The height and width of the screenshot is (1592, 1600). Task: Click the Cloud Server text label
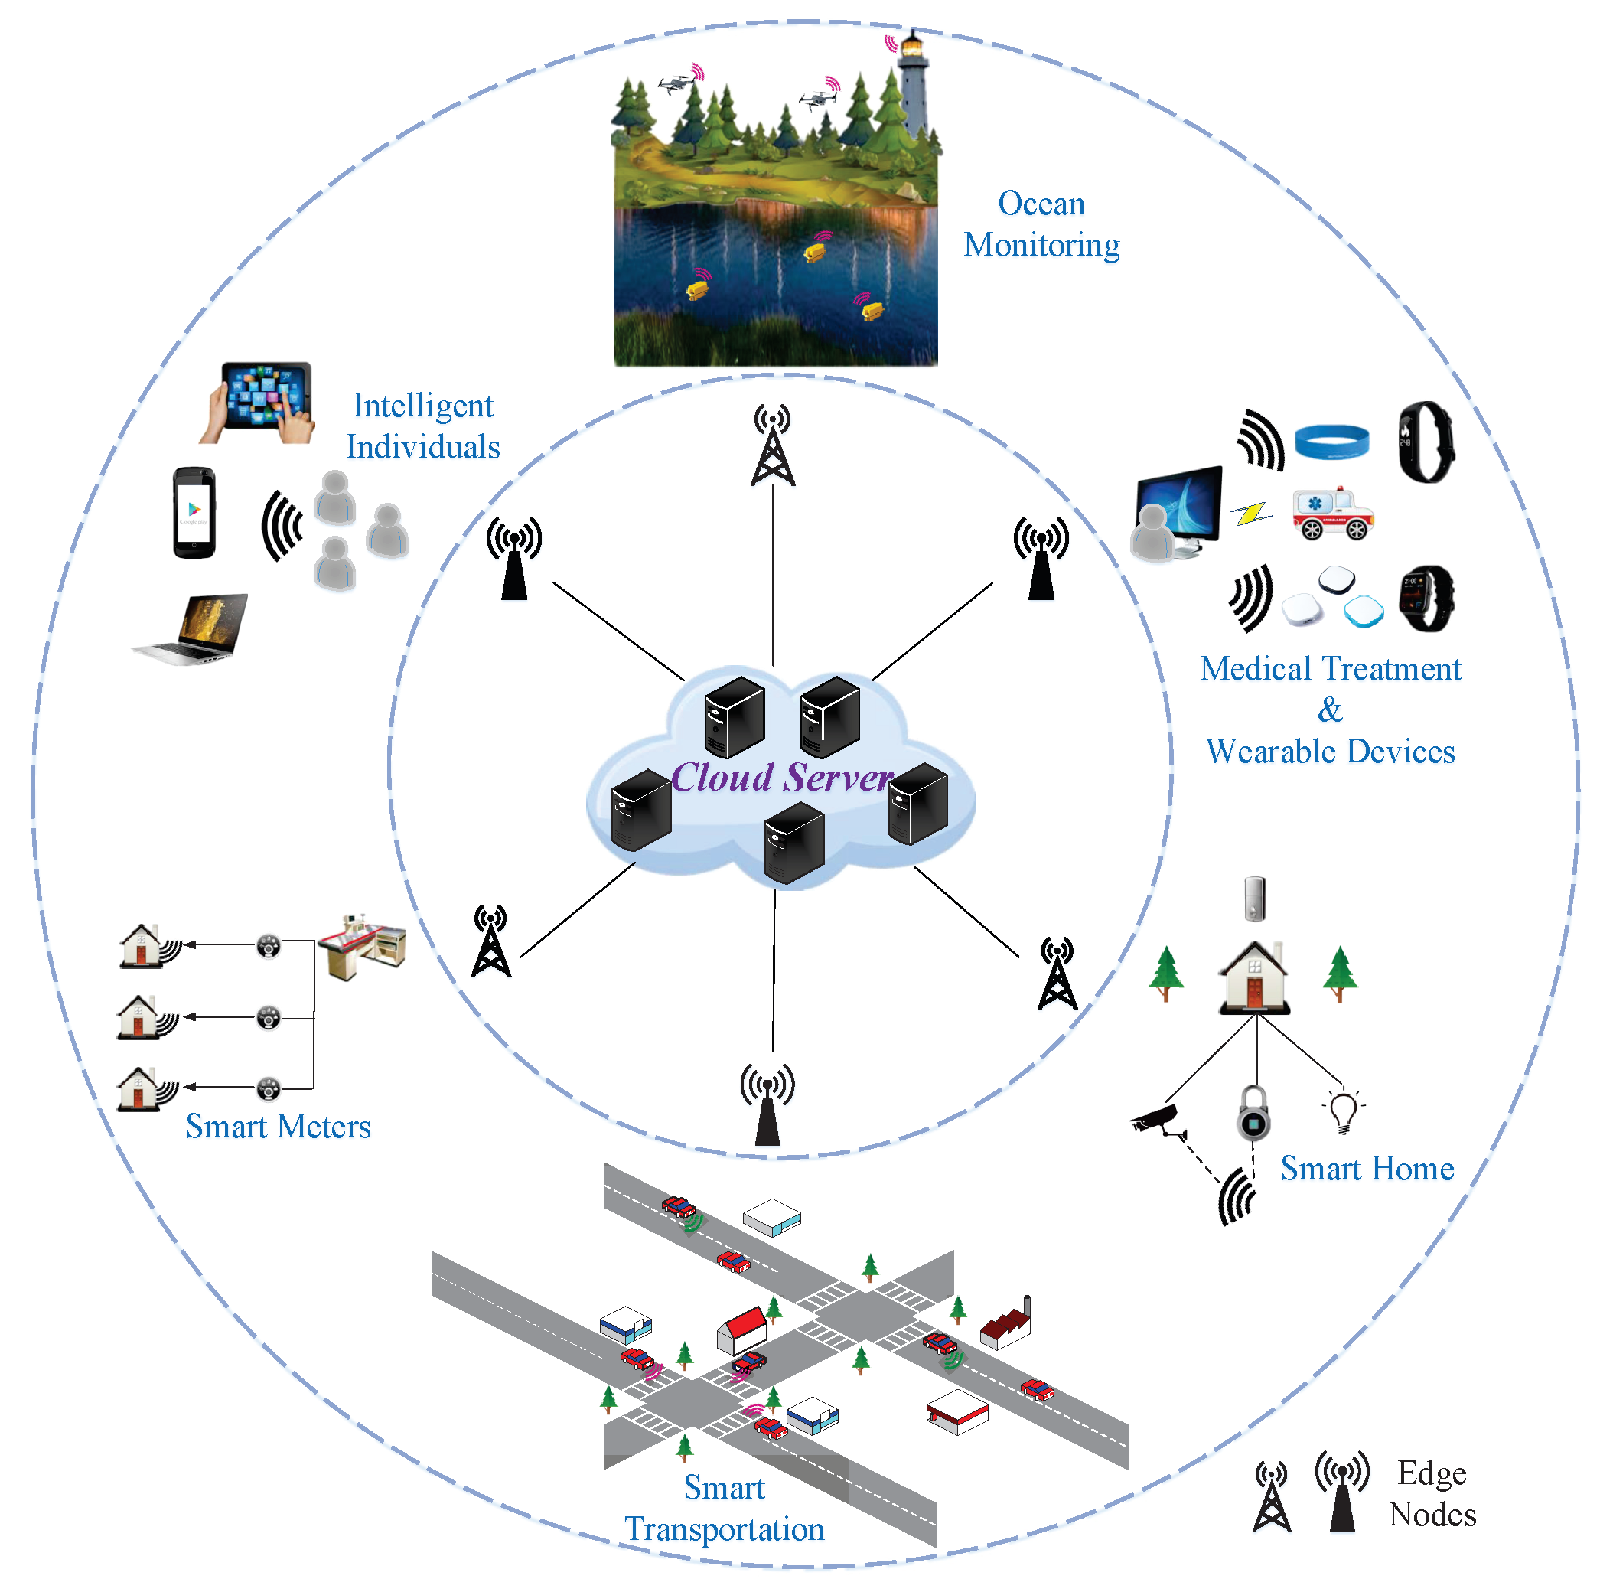tap(782, 777)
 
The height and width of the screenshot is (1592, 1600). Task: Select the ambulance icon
tap(1332, 514)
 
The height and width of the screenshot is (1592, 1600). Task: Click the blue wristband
tap(1331, 441)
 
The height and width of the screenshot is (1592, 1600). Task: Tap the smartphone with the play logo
tap(194, 512)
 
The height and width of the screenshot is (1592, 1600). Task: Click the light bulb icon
tap(1342, 1110)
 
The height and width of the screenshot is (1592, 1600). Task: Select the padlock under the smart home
tap(1254, 1114)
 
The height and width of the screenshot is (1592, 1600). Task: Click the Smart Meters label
tap(278, 1127)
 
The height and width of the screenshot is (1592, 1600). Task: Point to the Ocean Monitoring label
tap(1041, 223)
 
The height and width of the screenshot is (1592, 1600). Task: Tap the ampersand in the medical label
tap(1330, 710)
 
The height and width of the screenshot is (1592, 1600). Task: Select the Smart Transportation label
tap(724, 1509)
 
